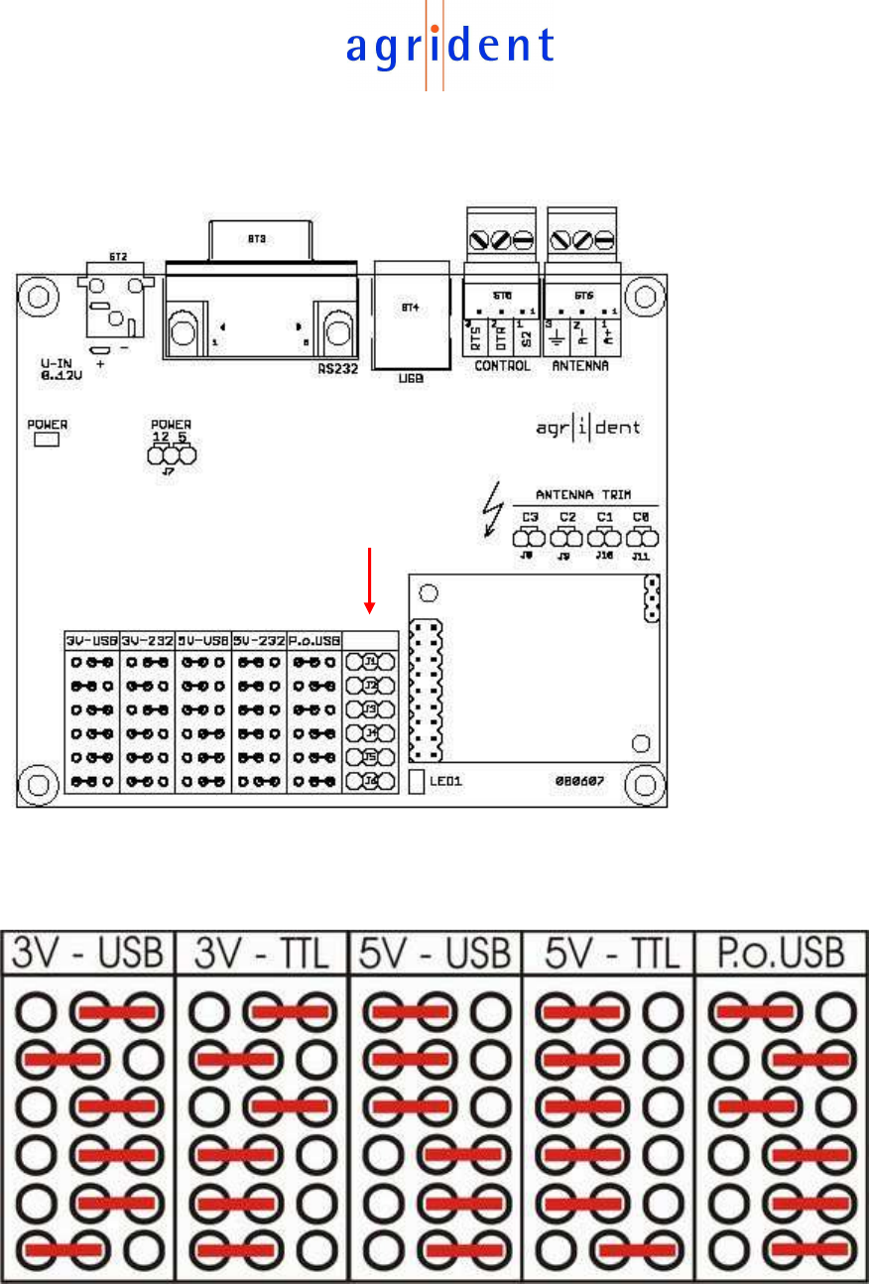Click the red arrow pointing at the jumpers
click(x=369, y=580)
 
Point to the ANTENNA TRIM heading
click(x=584, y=494)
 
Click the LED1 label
click(x=446, y=781)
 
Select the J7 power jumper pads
click(x=171, y=455)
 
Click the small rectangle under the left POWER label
click(x=47, y=439)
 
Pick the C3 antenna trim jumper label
click(x=531, y=517)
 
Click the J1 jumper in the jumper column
click(x=370, y=662)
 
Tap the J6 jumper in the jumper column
click(x=370, y=781)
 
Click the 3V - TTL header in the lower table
click(x=262, y=955)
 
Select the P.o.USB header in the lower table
click(x=782, y=955)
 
